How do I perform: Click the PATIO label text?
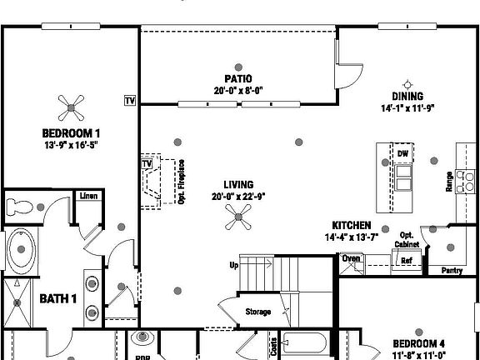pos(238,79)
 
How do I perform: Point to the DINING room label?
pos(408,97)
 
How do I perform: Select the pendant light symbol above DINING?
pos(408,83)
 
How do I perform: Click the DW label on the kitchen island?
pos(402,153)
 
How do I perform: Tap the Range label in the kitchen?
pos(450,182)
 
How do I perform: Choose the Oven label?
pos(352,258)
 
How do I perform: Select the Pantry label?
pos(452,270)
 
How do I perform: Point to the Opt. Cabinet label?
pos(407,240)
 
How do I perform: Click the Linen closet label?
pos(88,196)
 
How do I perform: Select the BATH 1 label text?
pos(58,298)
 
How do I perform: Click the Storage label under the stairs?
pos(258,312)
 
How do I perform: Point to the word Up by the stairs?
pos(234,266)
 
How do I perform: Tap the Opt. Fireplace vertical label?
pos(181,182)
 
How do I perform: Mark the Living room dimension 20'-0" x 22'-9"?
pos(238,197)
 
